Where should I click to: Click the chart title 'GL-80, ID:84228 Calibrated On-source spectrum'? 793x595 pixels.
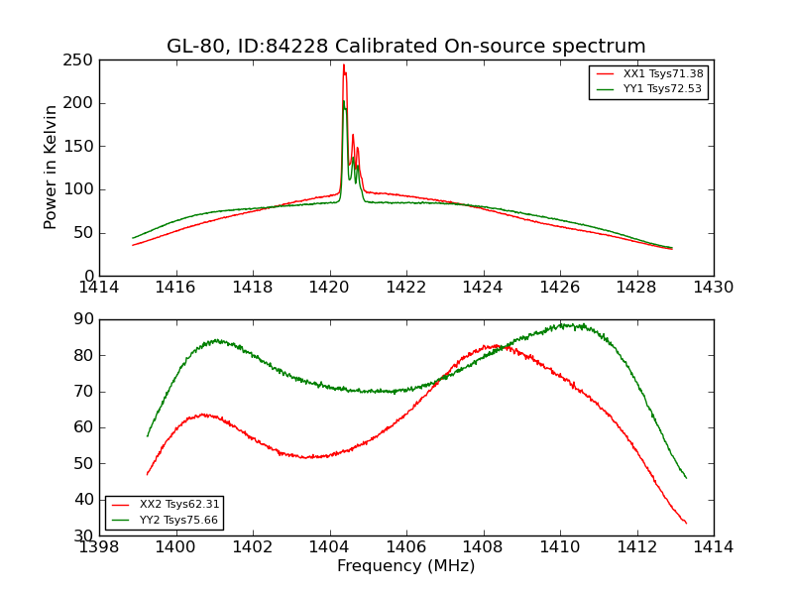[405, 47]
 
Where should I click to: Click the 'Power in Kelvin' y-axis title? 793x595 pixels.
[51, 168]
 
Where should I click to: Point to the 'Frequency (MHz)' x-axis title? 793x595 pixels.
[405, 566]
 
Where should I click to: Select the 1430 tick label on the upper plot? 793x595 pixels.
[713, 288]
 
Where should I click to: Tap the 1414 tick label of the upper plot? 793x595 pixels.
[100, 288]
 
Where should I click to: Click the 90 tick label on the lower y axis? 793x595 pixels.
[83, 319]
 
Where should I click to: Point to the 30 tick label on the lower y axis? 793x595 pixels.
[83, 535]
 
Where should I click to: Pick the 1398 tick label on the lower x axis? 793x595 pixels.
[100, 546]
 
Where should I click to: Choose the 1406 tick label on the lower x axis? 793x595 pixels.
[405, 546]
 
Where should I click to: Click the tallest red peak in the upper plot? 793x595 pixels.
[344, 65]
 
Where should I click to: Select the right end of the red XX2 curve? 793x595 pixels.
[686, 523]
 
